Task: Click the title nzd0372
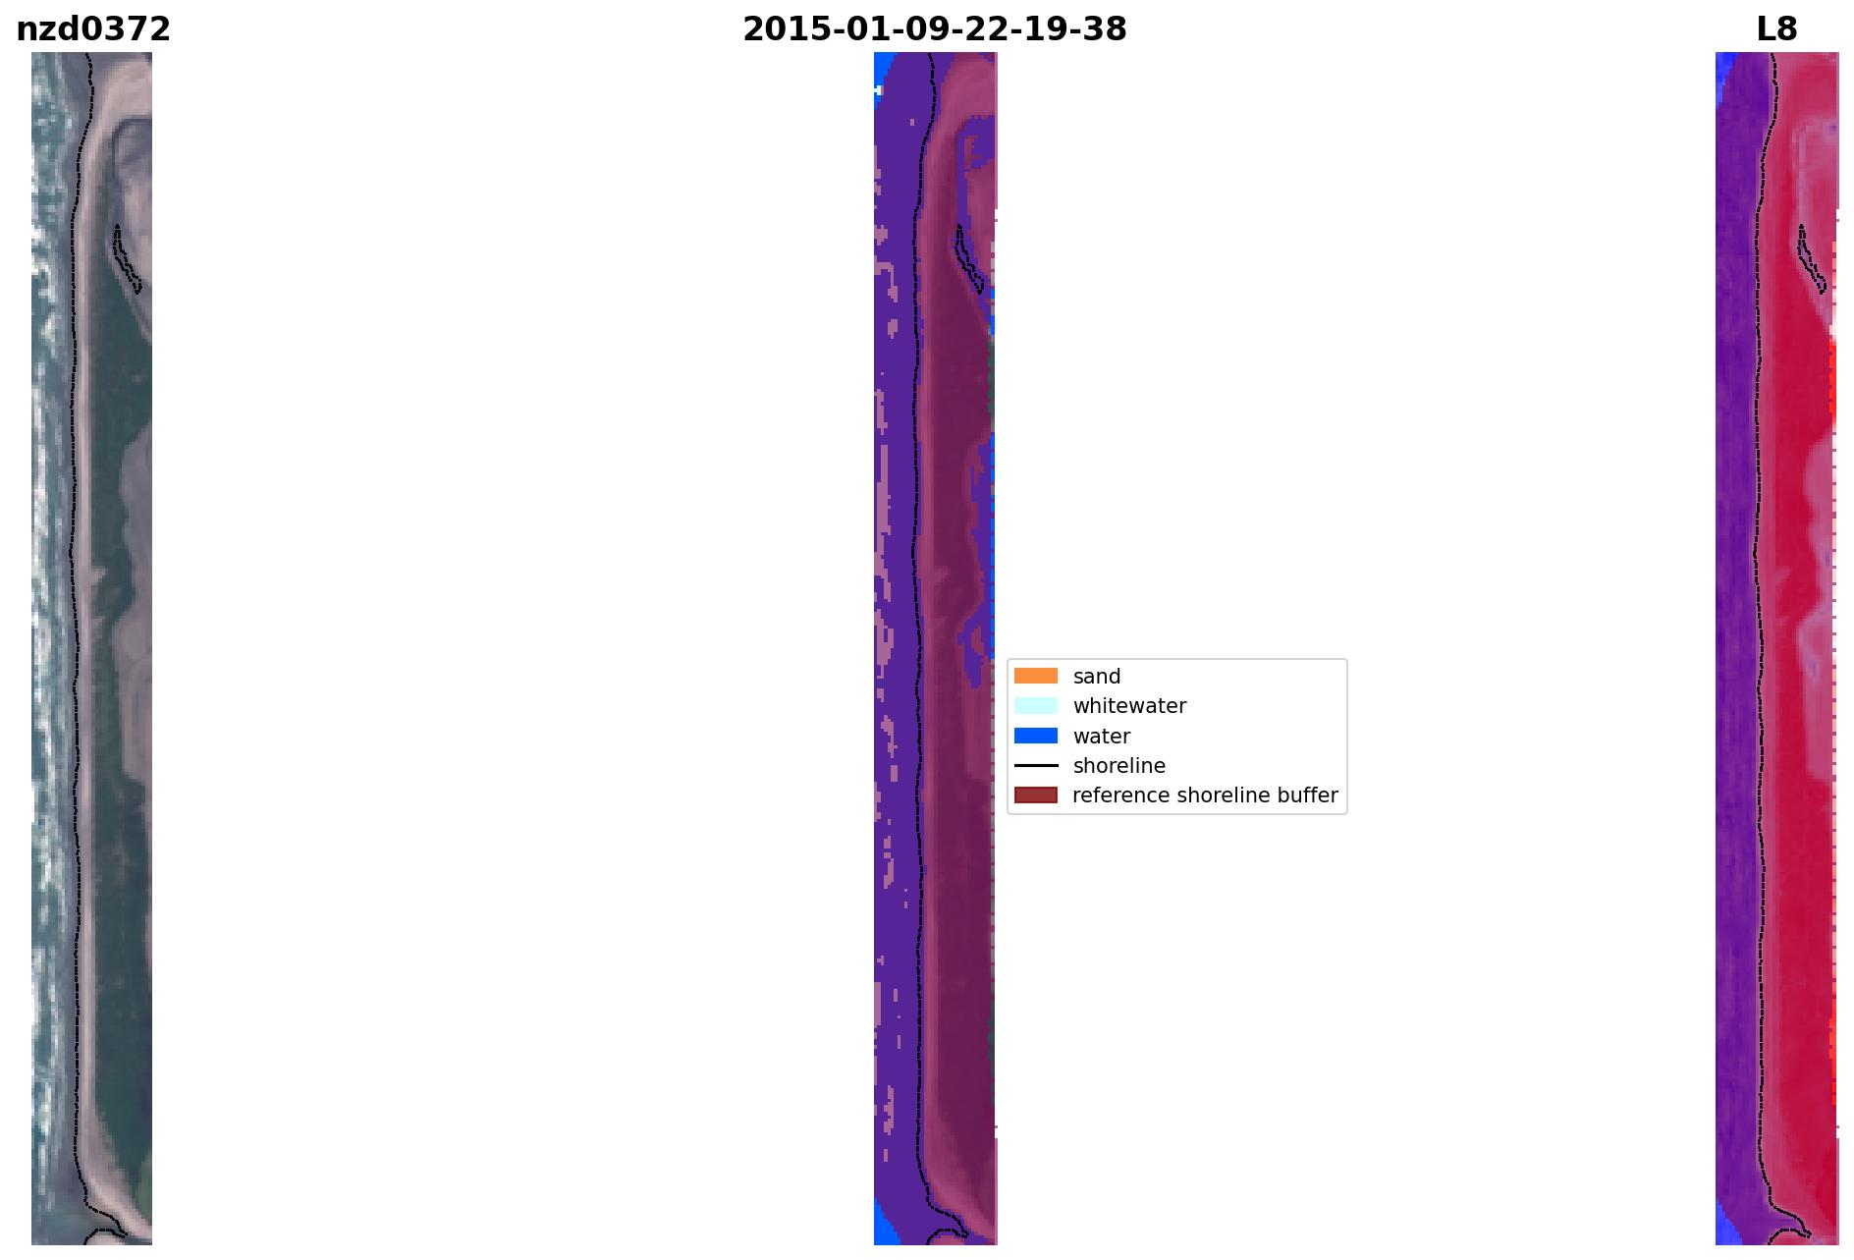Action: [x=93, y=29]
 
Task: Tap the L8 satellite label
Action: [x=1776, y=29]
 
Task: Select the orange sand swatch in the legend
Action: [x=1036, y=676]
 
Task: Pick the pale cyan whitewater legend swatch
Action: [x=1036, y=705]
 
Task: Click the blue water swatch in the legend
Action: [x=1036, y=736]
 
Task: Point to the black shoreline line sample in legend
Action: [x=1036, y=765]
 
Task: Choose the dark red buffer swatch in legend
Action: [x=1036, y=794]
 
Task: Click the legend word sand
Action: [x=1097, y=677]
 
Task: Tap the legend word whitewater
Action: [x=1129, y=706]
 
